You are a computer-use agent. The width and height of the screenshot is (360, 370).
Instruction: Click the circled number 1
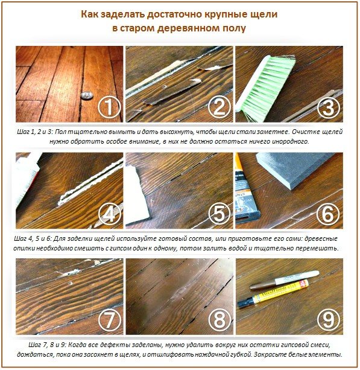coord(109,107)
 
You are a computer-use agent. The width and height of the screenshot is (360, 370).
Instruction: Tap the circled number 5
coord(219,214)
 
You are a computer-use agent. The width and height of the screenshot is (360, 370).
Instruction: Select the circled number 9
coord(329,320)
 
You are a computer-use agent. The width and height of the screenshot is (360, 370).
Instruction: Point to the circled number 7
coord(109,320)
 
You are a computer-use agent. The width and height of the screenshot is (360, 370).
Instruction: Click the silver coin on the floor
coord(87,95)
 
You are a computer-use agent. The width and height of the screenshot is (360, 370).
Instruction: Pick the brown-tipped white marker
coord(284,279)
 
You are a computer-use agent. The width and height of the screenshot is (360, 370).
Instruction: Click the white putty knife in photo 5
coord(137,196)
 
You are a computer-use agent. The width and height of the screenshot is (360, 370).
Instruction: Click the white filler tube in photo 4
coord(27,179)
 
